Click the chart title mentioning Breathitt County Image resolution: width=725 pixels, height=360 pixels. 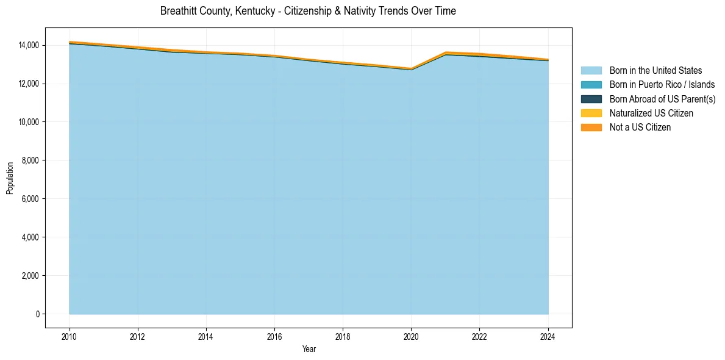(x=308, y=11)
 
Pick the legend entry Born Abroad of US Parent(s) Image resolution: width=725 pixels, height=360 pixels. (x=662, y=99)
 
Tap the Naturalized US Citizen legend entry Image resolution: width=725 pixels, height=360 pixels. (x=651, y=113)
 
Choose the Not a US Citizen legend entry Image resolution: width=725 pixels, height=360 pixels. (x=640, y=127)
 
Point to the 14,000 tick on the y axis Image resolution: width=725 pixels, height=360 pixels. (x=29, y=45)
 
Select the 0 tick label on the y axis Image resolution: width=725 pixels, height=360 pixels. (x=38, y=314)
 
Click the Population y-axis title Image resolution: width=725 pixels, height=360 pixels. (x=10, y=178)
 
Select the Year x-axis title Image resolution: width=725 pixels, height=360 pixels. (x=309, y=349)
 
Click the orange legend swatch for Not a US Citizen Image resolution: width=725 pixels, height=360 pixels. (x=591, y=127)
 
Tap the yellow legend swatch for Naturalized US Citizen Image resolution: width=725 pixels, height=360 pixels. (x=591, y=113)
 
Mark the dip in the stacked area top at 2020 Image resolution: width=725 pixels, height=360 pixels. (x=411, y=69)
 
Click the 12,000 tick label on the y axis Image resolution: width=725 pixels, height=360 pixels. (x=29, y=84)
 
